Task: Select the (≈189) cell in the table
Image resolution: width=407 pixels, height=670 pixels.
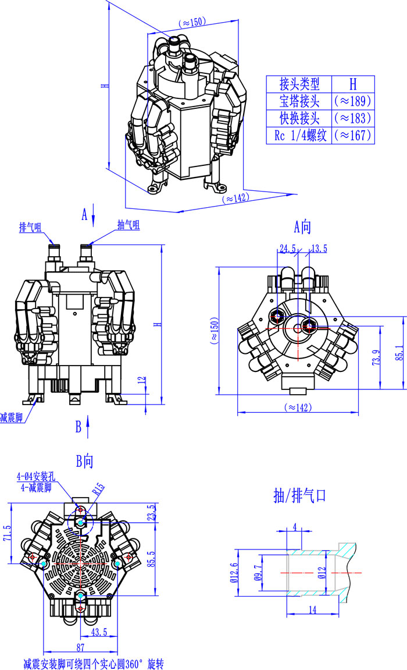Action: pyautogui.click(x=353, y=101)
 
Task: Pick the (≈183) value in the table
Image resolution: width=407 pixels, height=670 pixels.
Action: pyautogui.click(x=353, y=118)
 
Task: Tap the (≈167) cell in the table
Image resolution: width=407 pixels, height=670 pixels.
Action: pyautogui.click(x=353, y=136)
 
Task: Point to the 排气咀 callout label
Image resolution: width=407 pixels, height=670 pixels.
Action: pyautogui.click(x=30, y=226)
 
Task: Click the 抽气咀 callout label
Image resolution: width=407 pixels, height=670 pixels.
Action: pyautogui.click(x=128, y=225)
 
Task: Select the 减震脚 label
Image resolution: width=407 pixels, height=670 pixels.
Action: pyautogui.click(x=11, y=418)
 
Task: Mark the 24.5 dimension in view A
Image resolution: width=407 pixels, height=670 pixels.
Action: pyautogui.click(x=288, y=249)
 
